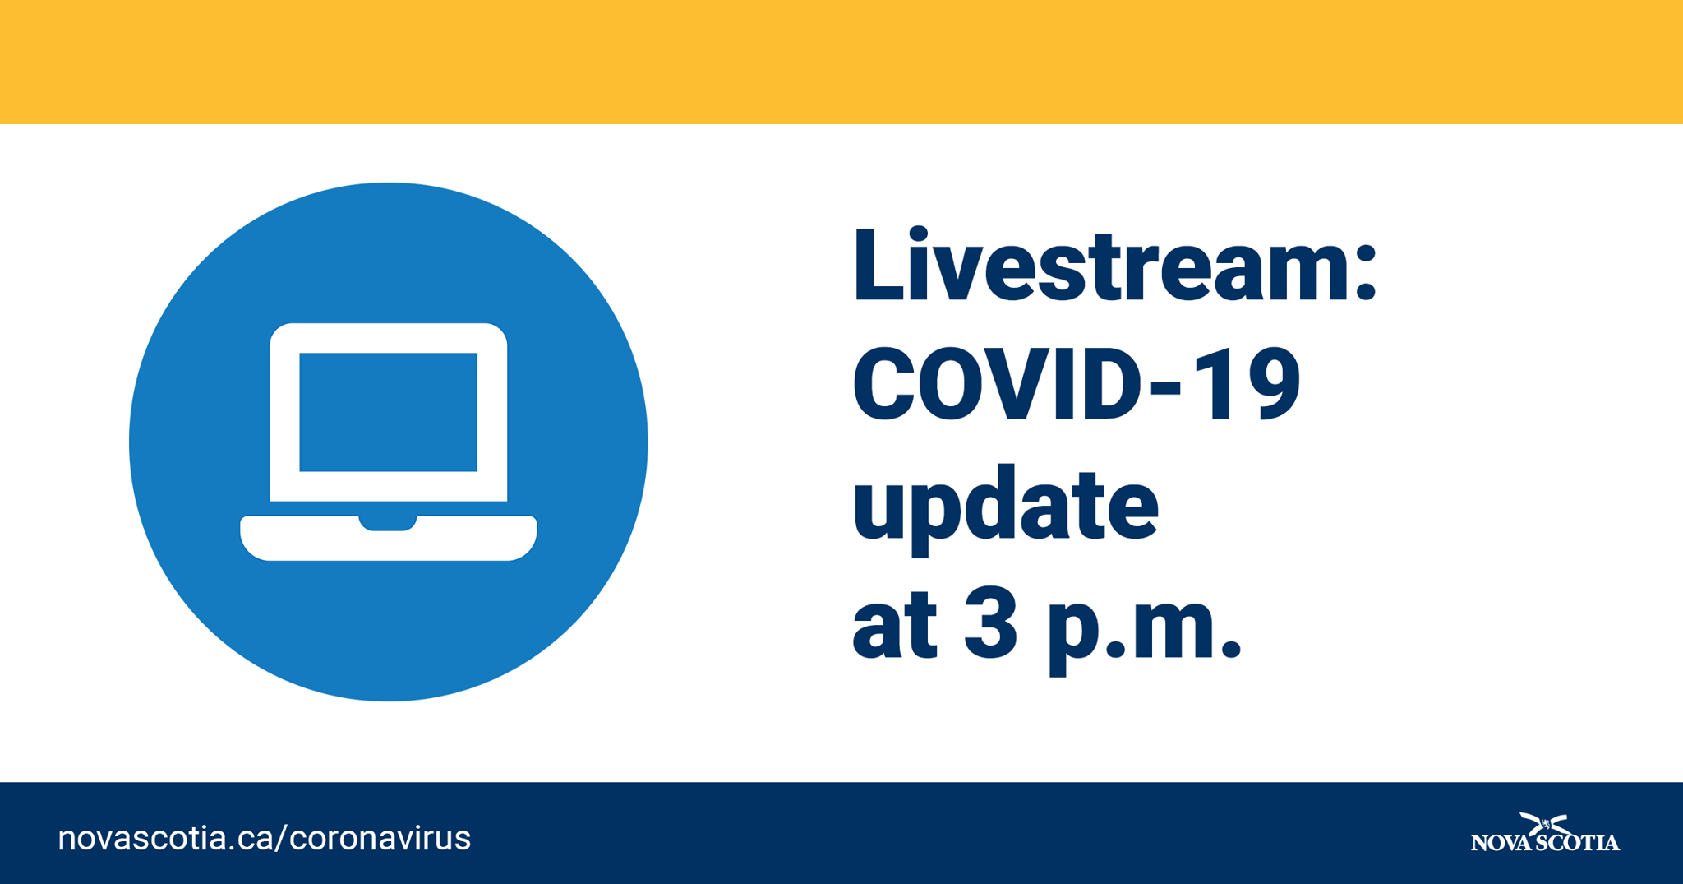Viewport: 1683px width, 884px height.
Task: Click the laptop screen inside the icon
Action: click(388, 412)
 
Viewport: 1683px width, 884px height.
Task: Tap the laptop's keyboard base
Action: click(388, 539)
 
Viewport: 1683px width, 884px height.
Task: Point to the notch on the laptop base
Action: click(388, 523)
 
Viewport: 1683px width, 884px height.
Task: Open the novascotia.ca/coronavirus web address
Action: click(264, 838)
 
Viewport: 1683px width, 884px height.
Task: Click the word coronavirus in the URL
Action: click(380, 838)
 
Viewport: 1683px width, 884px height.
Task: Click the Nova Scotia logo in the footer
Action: click(1545, 833)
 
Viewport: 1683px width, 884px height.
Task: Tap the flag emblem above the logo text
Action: click(1545, 823)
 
